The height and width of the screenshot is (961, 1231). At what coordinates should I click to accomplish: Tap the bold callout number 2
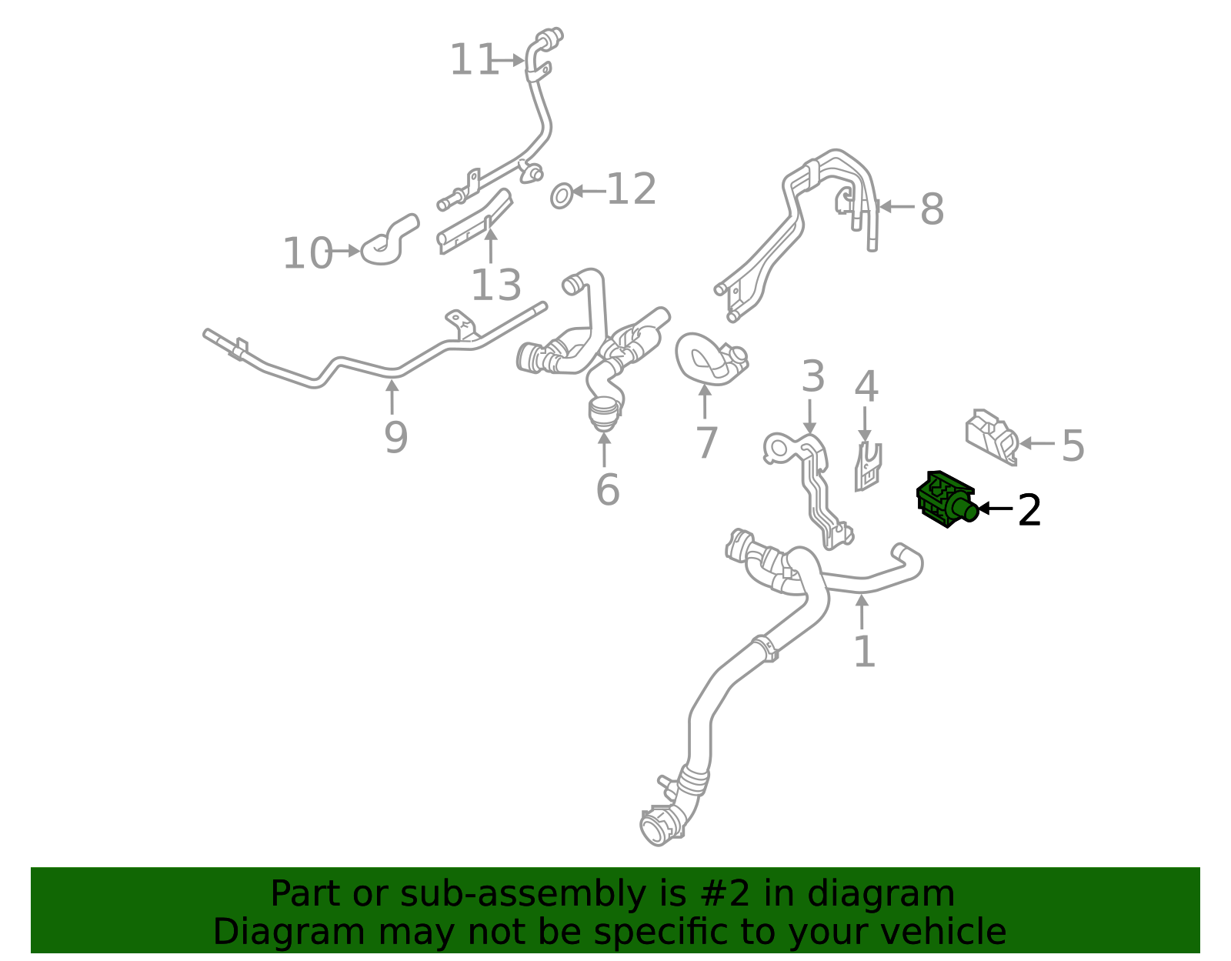tap(1029, 510)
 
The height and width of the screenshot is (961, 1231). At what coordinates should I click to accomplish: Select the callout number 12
tap(631, 190)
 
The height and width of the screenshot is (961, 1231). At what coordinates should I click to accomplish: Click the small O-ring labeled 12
tap(562, 195)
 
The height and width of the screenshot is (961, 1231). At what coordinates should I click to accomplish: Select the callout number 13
tap(495, 286)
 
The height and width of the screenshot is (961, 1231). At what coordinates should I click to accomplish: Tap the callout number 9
tap(395, 438)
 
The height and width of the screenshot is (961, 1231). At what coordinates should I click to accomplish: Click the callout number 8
tap(932, 209)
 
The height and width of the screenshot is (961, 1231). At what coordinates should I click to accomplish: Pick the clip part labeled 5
tap(991, 437)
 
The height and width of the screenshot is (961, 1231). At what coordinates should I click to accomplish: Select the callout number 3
tap(812, 377)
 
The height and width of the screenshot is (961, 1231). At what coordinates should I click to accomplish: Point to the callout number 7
tap(706, 443)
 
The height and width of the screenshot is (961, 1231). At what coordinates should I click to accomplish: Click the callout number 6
tap(607, 490)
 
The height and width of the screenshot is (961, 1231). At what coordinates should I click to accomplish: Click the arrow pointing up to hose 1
tap(862, 612)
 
